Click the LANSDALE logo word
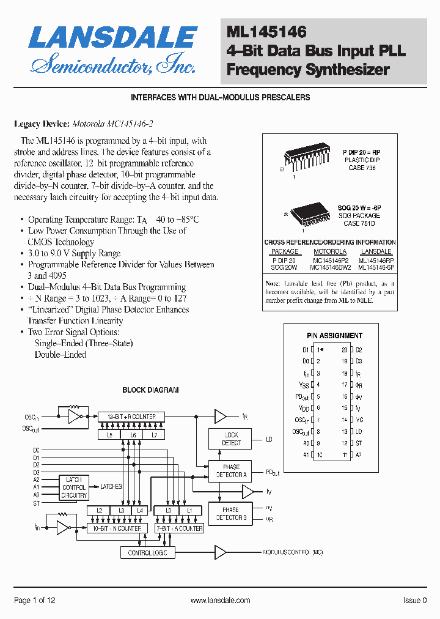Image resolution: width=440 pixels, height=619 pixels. pos(113,38)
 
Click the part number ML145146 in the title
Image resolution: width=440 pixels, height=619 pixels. pos(266,32)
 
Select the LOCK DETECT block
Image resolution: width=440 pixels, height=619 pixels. pos(231,439)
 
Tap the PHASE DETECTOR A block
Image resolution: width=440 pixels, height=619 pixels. pos(231,470)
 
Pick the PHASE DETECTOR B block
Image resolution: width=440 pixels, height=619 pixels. pos(230,514)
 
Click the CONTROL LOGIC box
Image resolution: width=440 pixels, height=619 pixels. pos(147,552)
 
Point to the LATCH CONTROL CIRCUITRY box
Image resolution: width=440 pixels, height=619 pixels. pos(74,487)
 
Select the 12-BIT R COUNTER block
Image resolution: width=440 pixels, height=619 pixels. pos(131,417)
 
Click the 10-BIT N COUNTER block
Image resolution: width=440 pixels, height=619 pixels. pos(116,528)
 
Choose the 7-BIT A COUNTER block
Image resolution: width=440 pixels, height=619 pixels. pos(180,528)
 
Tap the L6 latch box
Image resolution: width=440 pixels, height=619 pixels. pos(132,435)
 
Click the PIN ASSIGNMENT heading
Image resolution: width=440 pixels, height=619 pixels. pos(334,336)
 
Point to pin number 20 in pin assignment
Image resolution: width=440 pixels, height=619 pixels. pos(345,350)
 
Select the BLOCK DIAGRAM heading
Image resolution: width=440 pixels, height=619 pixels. pos(150,390)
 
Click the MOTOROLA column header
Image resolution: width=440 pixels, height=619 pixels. pos(330,251)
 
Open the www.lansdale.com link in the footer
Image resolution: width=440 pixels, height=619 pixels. pos(220,601)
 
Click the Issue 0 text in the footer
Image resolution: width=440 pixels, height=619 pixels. pos(415,601)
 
